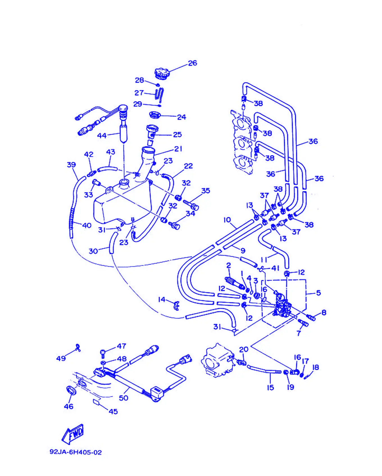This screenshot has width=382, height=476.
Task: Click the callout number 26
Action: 192,63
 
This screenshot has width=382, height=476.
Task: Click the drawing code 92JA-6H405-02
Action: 76,452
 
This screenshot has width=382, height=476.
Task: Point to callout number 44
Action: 102,135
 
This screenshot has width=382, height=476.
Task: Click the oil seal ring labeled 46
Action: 71,390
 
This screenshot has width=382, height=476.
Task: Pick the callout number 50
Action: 124,398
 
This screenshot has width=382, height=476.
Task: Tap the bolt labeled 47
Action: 103,353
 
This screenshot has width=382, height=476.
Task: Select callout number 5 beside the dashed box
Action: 318,293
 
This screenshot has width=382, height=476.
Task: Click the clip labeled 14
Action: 176,306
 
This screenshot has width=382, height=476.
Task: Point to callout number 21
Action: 178,149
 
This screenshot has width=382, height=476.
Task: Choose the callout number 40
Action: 87,225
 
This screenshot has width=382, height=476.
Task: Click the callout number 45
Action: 113,411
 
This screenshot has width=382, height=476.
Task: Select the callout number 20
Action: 244,349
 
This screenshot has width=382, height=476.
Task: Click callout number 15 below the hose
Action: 270,387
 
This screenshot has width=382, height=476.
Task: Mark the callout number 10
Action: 227,220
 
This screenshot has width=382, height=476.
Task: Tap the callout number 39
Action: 71,165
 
